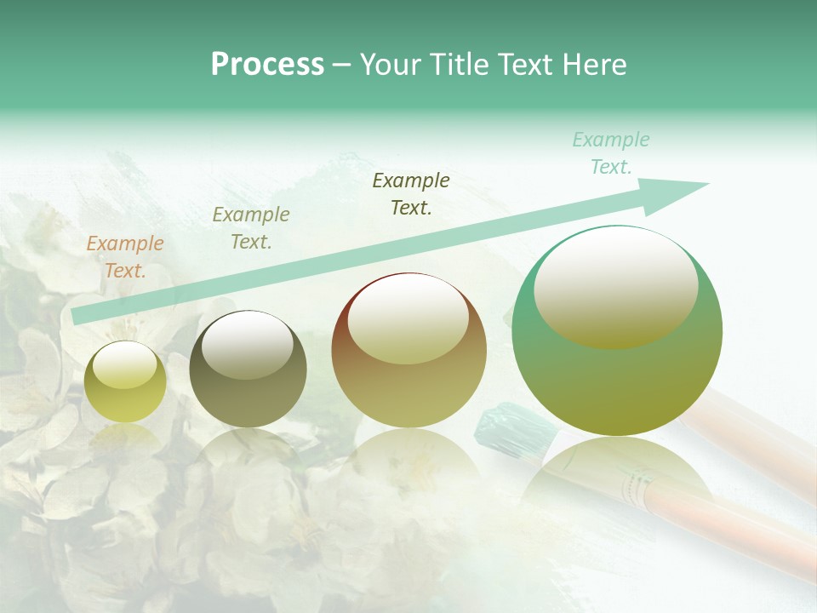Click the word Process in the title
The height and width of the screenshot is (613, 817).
point(267,64)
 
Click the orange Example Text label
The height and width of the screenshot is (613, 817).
point(125,257)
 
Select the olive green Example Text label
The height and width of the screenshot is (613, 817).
point(251,228)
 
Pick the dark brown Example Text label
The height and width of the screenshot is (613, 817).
point(411,193)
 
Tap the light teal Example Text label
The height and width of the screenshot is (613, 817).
point(611,153)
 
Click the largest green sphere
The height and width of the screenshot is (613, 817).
point(617,375)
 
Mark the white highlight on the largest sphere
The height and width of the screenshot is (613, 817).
point(615,281)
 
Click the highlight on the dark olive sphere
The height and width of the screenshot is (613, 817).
point(247,345)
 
